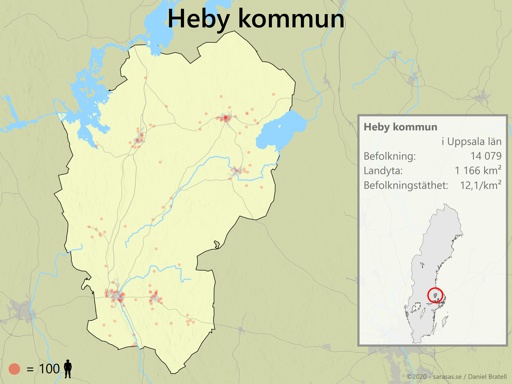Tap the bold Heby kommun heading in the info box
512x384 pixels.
(x=401, y=127)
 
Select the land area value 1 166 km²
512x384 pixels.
(x=477, y=171)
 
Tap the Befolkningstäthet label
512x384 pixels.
(x=408, y=186)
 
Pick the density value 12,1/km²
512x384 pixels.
(x=480, y=186)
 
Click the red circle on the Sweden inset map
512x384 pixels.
(x=436, y=295)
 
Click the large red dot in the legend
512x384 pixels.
(x=14, y=369)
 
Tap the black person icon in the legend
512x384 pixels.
(x=68, y=369)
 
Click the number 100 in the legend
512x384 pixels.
(x=50, y=369)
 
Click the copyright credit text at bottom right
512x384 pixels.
(x=456, y=376)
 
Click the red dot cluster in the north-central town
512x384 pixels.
(x=227, y=118)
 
